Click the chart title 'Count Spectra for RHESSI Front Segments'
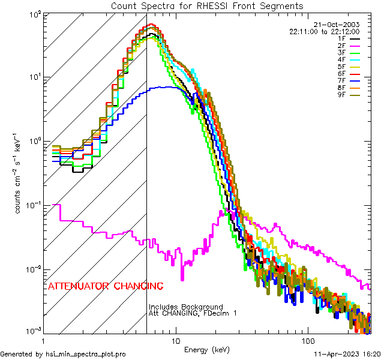tap(207, 5)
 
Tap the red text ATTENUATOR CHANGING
tap(106, 286)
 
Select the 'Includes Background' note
tap(186, 307)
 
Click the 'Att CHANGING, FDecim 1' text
tap(193, 313)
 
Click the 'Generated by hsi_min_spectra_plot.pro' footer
tap(63, 355)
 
